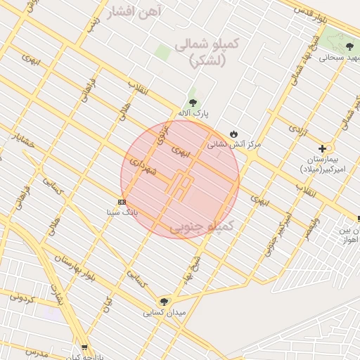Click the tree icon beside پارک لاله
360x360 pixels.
pos(193,103)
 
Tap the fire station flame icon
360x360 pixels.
pos(233,134)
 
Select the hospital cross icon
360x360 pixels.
pos(322,148)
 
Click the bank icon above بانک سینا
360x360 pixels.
pos(122,202)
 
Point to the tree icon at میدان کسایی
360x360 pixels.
pos(164,302)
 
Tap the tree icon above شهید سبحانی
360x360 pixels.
pos(349,46)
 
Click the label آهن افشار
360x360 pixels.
pos(136,12)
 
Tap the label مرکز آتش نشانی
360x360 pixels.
pos(233,144)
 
